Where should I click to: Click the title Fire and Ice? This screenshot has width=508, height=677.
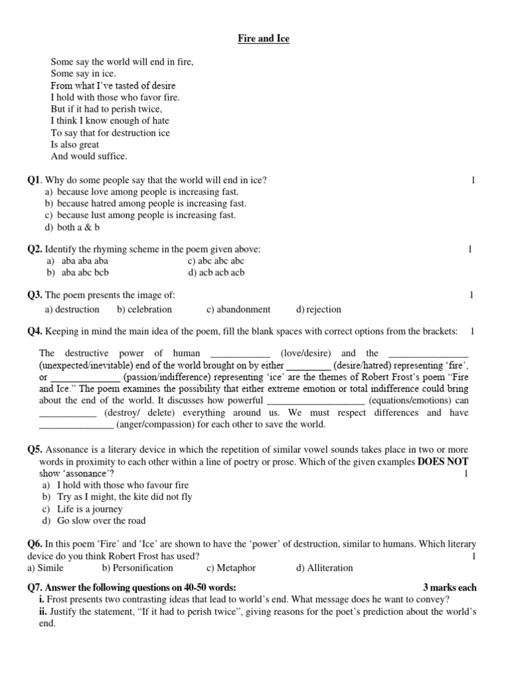pyautogui.click(x=263, y=39)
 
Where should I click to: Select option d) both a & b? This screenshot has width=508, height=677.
pyautogui.click(x=71, y=227)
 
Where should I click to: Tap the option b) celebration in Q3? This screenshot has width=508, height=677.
pyautogui.click(x=144, y=309)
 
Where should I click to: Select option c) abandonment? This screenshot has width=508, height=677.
pyautogui.click(x=238, y=309)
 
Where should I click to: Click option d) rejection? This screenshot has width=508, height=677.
pyautogui.click(x=319, y=309)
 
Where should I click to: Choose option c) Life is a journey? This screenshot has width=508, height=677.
pyautogui.click(x=84, y=508)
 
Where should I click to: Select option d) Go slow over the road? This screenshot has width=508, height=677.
pyautogui.click(x=95, y=520)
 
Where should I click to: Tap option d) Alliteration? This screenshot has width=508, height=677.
pyautogui.click(x=325, y=567)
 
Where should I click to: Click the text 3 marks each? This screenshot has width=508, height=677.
pyautogui.click(x=449, y=588)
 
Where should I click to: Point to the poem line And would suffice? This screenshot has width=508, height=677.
pyautogui.click(x=89, y=157)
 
